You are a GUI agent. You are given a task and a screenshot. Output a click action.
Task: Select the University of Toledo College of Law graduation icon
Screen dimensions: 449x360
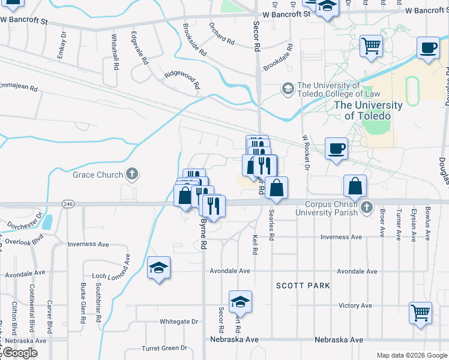288,89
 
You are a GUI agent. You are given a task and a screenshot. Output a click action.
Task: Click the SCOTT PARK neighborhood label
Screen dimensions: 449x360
303,286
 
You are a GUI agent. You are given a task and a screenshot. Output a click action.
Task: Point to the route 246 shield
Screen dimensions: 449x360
68,204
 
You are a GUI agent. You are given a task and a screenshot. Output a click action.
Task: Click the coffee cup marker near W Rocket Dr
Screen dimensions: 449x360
336,148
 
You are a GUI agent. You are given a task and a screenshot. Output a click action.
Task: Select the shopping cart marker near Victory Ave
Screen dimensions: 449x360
420,312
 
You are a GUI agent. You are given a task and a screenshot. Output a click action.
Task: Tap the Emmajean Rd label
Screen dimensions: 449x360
19,88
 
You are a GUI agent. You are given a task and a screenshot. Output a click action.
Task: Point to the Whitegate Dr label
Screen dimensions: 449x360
178,322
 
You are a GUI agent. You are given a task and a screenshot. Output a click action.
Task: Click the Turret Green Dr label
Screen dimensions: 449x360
164,348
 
